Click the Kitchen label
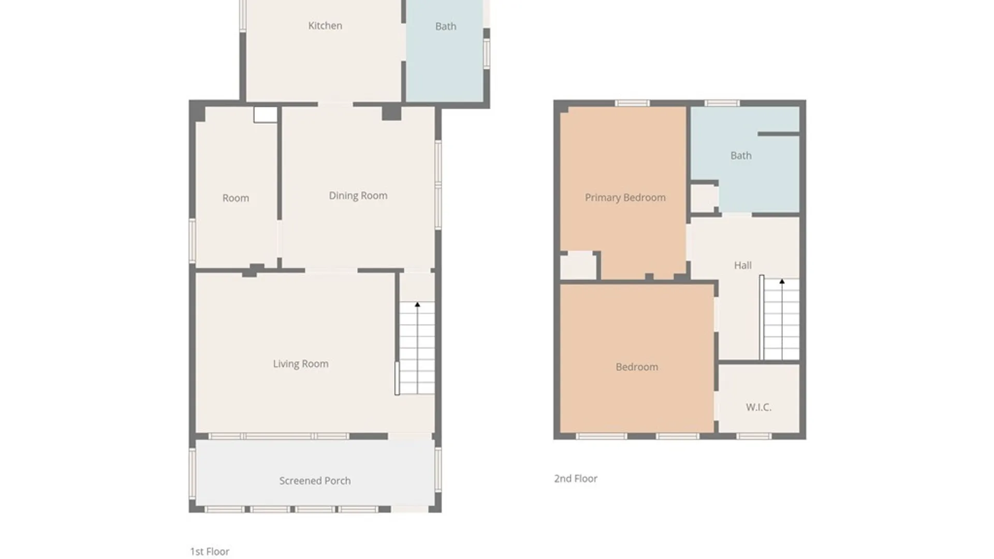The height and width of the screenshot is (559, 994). [x=325, y=26]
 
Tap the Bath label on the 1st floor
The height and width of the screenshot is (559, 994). [x=446, y=26]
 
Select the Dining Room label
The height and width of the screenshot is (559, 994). [x=358, y=196]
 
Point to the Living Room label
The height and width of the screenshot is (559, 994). [x=301, y=364]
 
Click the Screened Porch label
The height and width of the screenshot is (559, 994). [x=315, y=481]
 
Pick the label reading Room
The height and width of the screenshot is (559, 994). [x=236, y=198]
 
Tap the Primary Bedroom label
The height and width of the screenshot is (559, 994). [x=625, y=198]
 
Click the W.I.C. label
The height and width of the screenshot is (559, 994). [x=758, y=407]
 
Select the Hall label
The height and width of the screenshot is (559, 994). [x=743, y=266]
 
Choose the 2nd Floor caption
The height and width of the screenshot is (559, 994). [x=576, y=479]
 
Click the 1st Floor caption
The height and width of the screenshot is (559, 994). [x=210, y=552]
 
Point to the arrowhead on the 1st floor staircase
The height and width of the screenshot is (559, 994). [x=417, y=305]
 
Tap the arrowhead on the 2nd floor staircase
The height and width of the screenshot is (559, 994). [x=782, y=282]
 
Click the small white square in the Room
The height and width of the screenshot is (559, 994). [x=266, y=115]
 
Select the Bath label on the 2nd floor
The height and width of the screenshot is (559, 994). [x=741, y=156]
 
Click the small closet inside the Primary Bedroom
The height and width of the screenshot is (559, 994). [x=578, y=266]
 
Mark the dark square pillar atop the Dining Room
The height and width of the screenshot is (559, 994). [x=391, y=112]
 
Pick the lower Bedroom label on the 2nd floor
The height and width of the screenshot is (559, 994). [x=637, y=367]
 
